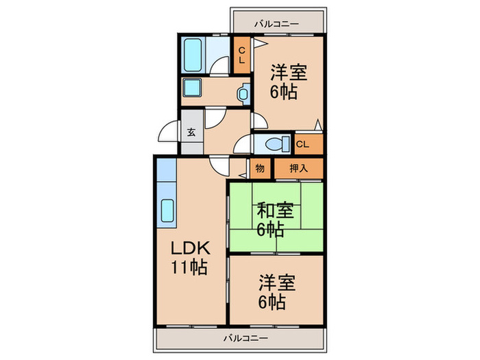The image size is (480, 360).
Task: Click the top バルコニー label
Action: tap(276, 23)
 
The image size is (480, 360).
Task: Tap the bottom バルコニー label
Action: tap(245, 338)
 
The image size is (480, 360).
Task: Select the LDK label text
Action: tap(191, 248)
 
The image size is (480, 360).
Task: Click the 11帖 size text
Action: tap(189, 267)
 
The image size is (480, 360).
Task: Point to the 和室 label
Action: tap(275, 211)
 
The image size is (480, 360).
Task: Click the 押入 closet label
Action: tap(298, 168)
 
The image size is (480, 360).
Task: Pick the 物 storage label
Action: tap(260, 168)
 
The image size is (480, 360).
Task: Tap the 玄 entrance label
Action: tap(191, 132)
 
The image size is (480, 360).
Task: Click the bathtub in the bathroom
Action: tap(193, 55)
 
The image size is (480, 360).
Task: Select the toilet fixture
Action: tap(277, 144)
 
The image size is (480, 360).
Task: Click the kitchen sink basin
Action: tap(167, 211)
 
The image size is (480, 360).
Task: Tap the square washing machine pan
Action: tap(191, 88)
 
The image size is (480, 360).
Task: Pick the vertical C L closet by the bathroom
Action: tap(242, 55)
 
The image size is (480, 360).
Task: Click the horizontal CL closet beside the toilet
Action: tap(309, 144)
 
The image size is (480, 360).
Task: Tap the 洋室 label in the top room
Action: tap(288, 72)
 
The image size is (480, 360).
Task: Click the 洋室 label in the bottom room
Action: tap(277, 283)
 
